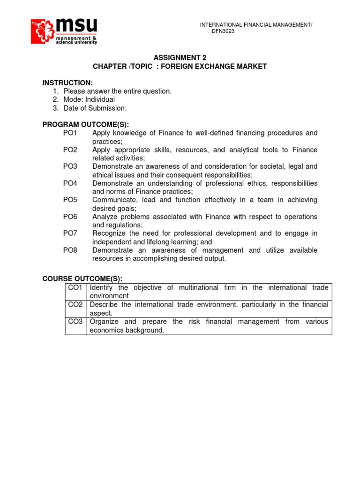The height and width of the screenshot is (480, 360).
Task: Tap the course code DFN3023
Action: (223, 31)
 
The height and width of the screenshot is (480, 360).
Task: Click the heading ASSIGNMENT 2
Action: (180, 58)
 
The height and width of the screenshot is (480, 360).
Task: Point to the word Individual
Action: (100, 99)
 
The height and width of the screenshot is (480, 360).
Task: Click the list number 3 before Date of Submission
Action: (55, 108)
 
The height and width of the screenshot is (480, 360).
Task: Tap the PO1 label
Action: (70, 133)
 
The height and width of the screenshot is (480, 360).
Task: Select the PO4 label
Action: (70, 183)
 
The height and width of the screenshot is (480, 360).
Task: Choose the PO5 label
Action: (70, 200)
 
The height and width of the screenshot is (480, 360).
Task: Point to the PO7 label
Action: (70, 233)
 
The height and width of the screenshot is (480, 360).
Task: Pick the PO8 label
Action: (70, 250)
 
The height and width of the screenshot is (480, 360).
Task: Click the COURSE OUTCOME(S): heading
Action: (82, 279)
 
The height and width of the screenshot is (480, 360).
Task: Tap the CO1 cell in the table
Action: (75, 288)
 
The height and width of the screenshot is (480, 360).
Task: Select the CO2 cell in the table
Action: (75, 305)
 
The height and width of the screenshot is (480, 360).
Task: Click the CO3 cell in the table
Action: (75, 322)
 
